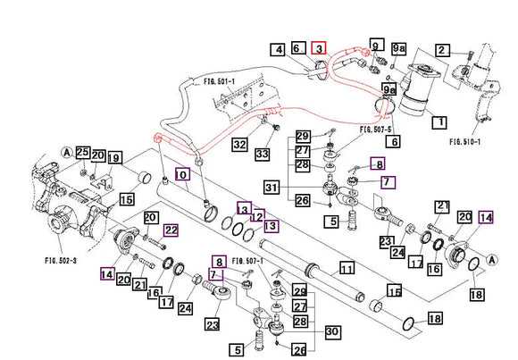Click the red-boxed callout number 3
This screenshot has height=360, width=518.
tap(319, 48)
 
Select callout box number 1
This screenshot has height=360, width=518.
tap(440, 122)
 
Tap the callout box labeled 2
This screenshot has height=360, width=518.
tap(442, 50)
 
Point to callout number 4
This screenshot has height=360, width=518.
tap(279, 50)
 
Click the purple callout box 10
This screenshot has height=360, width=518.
tap(182, 174)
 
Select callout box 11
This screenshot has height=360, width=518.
tap(347, 269)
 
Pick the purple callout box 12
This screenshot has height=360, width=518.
tap(258, 216)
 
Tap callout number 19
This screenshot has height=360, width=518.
tap(114, 158)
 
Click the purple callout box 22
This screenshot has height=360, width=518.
tap(171, 230)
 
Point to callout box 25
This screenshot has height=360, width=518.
tap(82, 152)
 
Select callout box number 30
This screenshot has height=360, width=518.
tap(332, 331)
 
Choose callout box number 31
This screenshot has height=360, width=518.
tap(272, 187)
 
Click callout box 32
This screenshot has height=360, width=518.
tap(240, 145)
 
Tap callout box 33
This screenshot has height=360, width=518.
tap(263, 154)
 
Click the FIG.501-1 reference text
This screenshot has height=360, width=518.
tap(219, 80)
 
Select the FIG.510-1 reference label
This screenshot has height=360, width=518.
tap(464, 142)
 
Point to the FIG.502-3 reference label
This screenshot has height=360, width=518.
tap(61, 261)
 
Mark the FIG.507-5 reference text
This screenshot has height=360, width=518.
tap(376, 130)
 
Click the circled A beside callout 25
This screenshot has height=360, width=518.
tap(67, 153)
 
